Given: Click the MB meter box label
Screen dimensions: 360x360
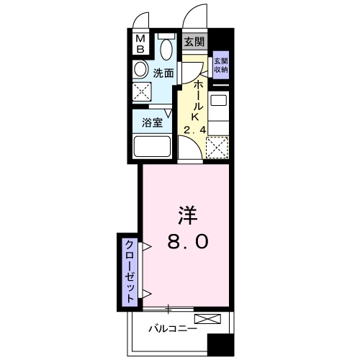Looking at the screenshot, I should [141, 44].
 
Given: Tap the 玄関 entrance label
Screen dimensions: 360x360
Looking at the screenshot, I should [192, 42].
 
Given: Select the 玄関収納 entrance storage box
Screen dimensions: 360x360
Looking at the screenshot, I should [221, 66].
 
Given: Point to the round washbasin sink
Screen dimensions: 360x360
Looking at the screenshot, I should [140, 69].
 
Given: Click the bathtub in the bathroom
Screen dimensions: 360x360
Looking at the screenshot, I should [151, 148].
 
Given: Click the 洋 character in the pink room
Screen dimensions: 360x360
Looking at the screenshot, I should [189, 214].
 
